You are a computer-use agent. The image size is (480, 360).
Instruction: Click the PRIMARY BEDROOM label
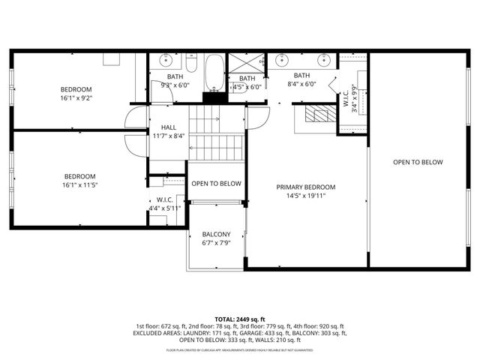305,187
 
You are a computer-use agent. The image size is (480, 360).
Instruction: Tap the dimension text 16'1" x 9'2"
76,97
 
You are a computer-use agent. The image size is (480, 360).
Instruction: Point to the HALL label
169,127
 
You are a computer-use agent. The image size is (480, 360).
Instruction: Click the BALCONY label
215,234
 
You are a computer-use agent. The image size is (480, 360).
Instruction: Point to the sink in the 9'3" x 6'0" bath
166,58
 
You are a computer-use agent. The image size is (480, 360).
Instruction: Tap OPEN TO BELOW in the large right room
418,163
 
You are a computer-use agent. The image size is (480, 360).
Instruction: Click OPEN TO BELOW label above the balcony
216,184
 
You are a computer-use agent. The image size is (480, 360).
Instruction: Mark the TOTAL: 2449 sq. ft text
240,319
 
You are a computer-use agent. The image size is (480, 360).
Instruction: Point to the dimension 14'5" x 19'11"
305,196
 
